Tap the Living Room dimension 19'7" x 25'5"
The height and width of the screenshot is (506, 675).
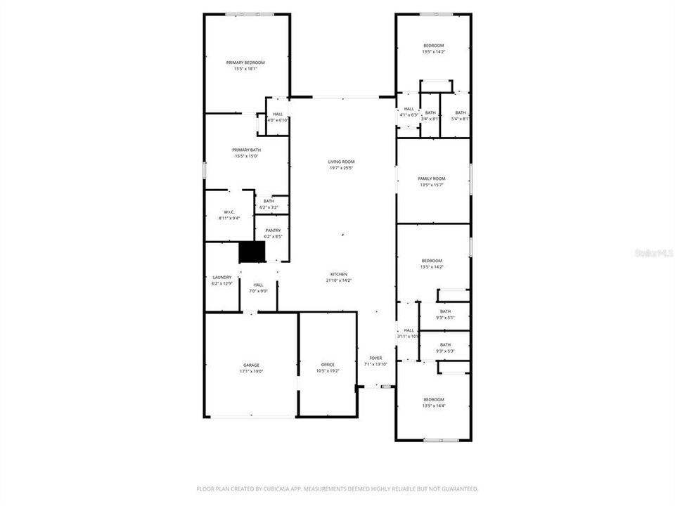point(341,168)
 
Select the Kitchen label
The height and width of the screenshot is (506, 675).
point(339,274)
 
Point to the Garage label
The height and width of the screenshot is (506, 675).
point(251,365)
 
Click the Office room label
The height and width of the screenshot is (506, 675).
point(328,364)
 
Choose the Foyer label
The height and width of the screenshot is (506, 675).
point(375,358)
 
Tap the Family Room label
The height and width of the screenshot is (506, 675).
point(432,179)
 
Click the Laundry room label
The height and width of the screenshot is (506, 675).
point(222,277)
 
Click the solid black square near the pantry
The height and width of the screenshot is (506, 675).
point(252,252)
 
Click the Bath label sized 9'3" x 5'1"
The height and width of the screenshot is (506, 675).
point(445,311)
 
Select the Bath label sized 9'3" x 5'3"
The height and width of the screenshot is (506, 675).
point(445,344)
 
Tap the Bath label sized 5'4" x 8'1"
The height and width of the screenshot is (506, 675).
point(461,112)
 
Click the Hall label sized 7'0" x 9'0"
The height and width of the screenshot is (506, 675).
point(258,285)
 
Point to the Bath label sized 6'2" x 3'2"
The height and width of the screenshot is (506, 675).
point(269,201)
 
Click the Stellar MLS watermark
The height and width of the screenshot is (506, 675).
point(653,252)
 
